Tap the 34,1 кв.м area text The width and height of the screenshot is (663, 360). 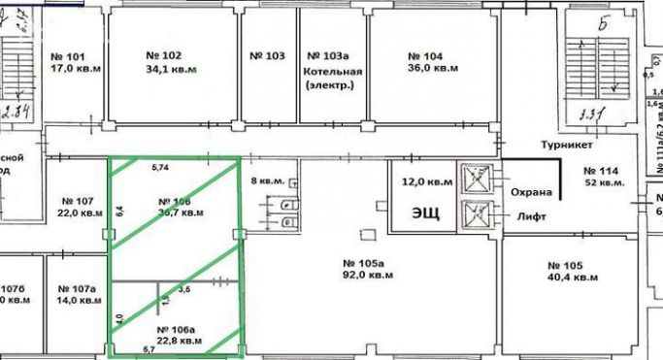coord(170,70)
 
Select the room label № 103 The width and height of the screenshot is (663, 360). coord(267,56)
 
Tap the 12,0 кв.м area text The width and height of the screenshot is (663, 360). coord(427,181)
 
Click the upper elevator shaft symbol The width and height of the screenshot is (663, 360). coord(480,179)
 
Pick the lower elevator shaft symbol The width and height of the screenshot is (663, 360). coord(480,213)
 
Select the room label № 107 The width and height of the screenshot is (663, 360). coord(79,202)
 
